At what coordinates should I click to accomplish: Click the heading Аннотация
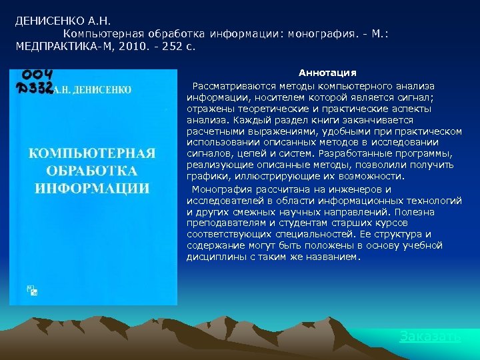click(327, 72)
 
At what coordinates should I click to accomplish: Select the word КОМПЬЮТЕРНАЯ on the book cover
click(92, 153)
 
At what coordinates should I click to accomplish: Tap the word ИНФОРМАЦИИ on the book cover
click(92, 187)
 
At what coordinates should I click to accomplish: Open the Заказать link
click(429, 336)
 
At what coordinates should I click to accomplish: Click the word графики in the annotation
click(204, 177)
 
